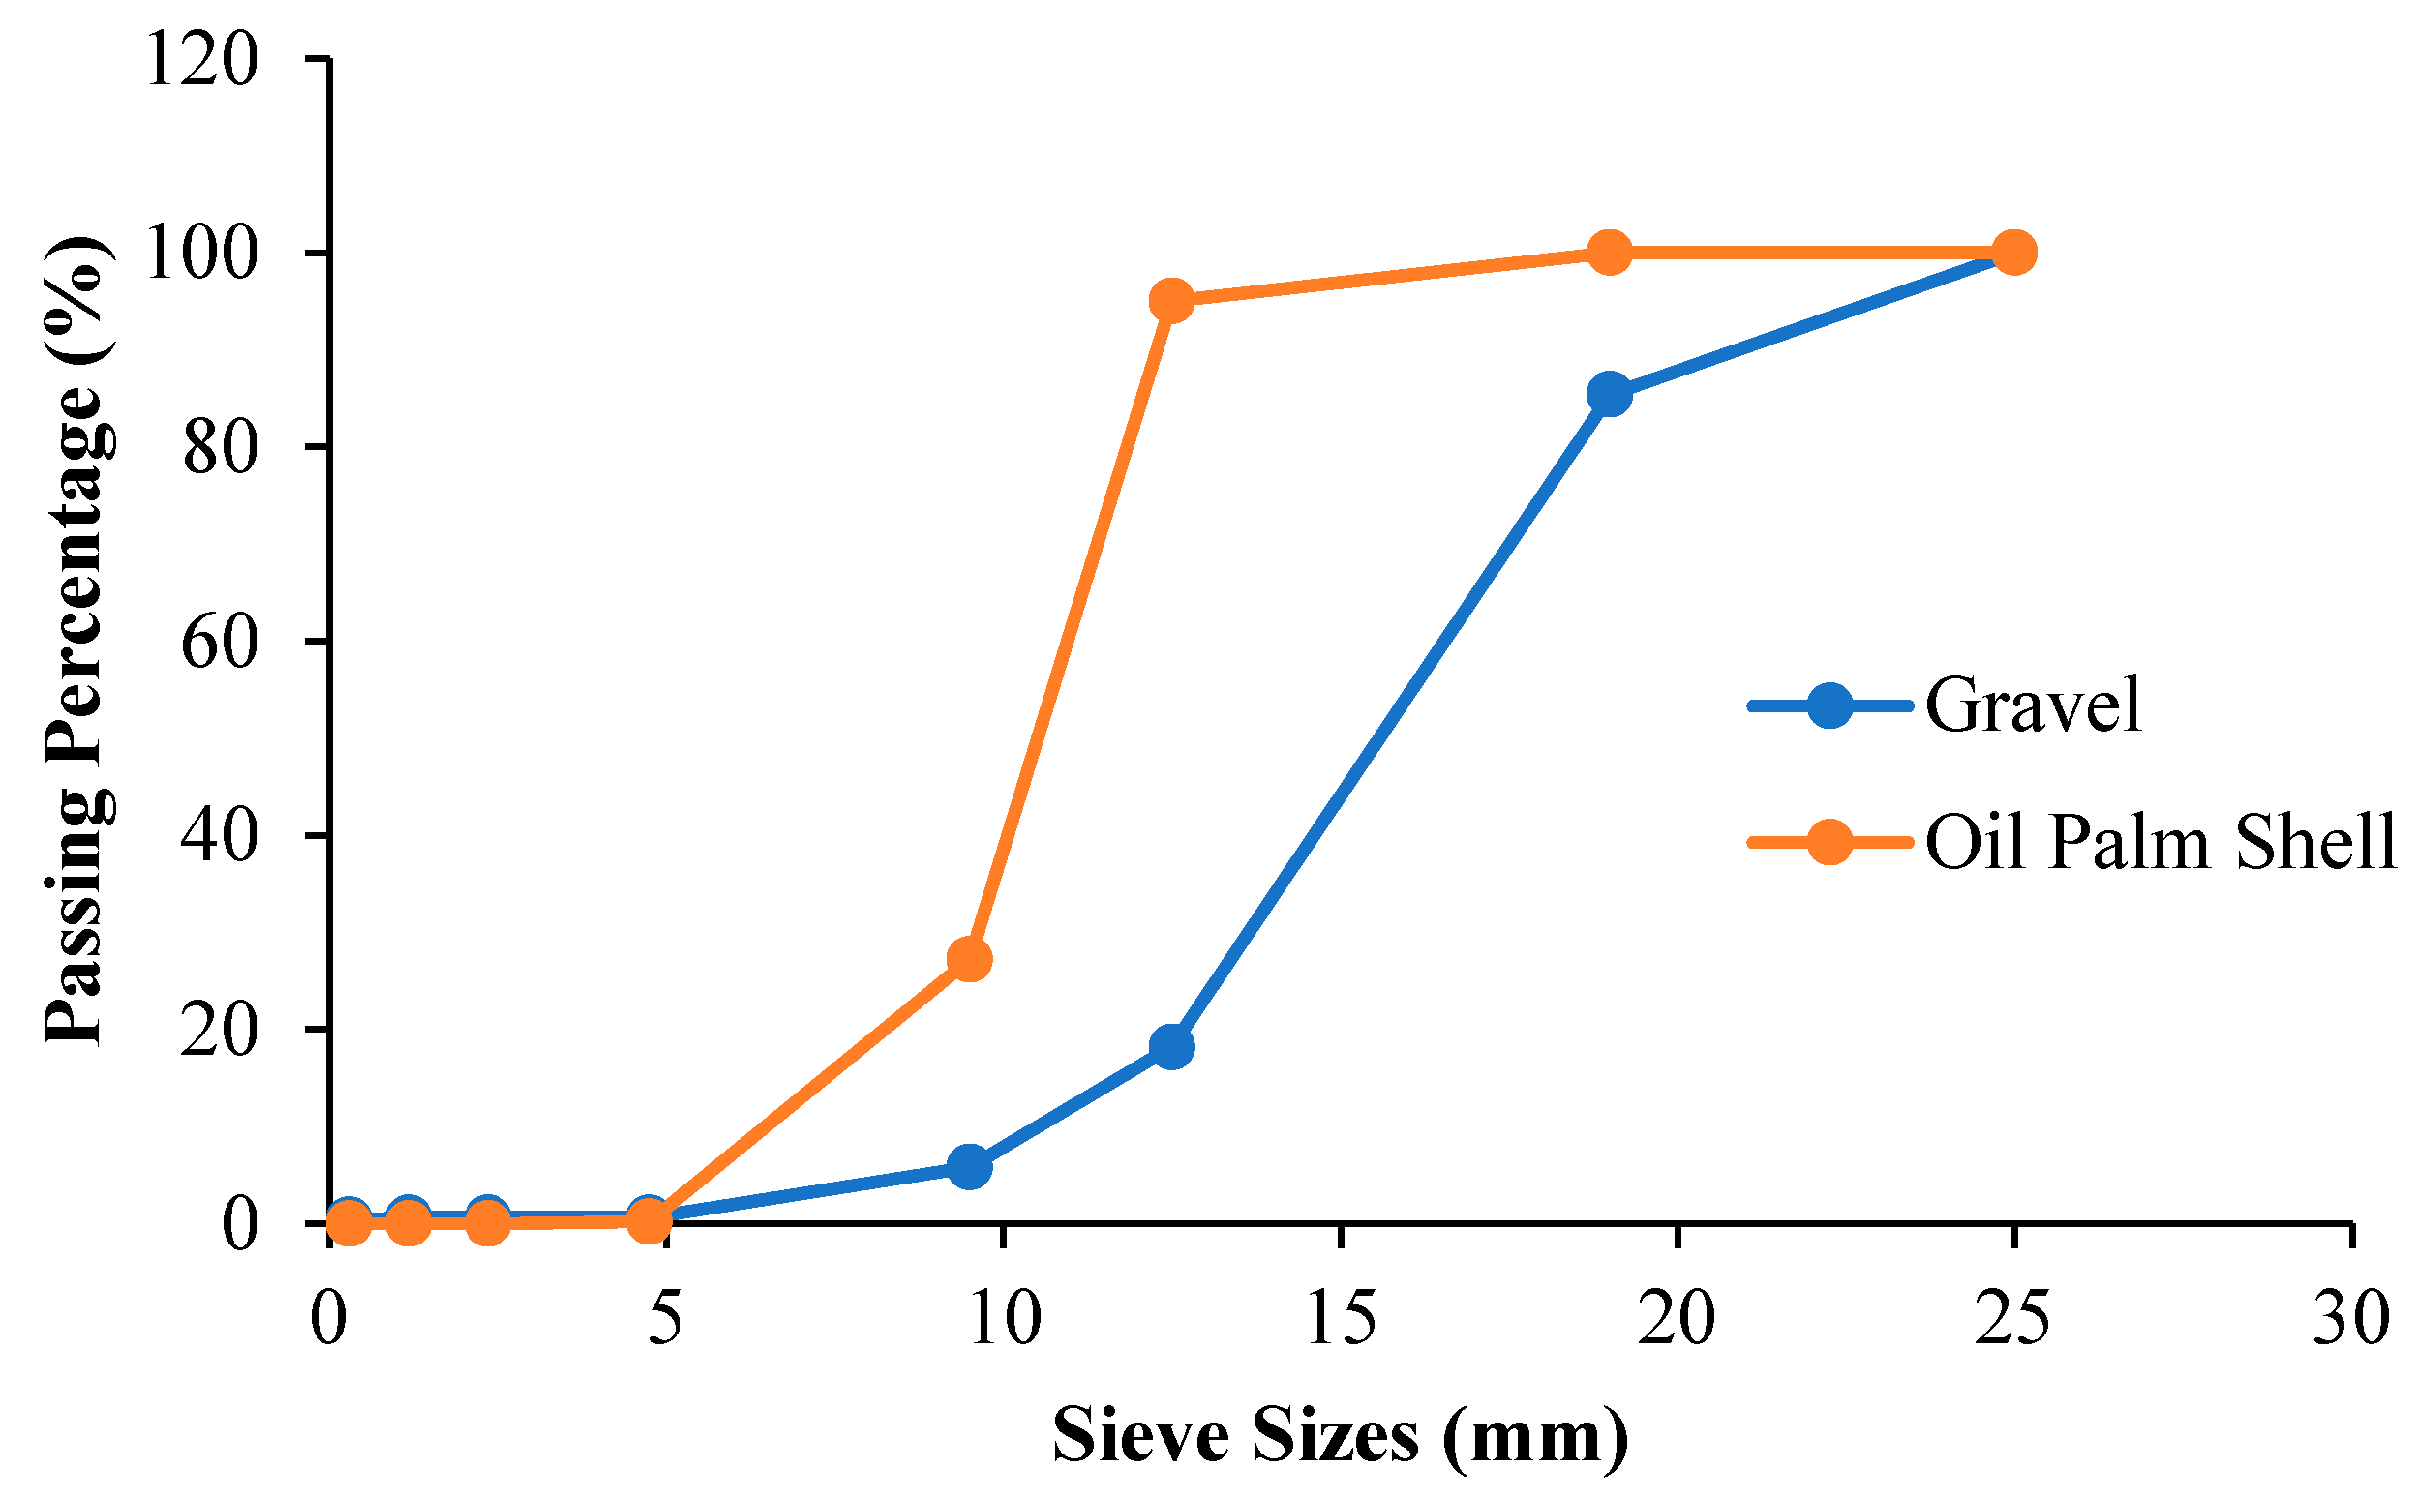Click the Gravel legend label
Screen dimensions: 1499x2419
coord(2033,705)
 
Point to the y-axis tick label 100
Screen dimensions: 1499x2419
coord(201,254)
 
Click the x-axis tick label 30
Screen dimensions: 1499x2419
coord(2350,1320)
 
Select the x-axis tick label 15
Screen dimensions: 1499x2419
coord(1341,1320)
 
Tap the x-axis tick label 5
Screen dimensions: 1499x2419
coord(666,1320)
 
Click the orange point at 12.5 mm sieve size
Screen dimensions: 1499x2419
coord(1172,300)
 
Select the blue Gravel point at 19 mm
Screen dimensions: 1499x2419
coord(1609,395)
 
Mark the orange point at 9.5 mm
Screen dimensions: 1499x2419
coord(970,960)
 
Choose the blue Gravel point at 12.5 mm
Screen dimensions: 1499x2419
coord(1172,1047)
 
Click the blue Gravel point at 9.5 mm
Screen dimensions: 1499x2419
coord(970,1167)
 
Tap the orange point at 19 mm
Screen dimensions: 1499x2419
coord(1609,253)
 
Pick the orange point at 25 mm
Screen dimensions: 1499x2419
coord(2013,253)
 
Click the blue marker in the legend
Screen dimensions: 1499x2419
coord(1830,705)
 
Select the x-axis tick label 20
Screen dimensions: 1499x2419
coord(1677,1320)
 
